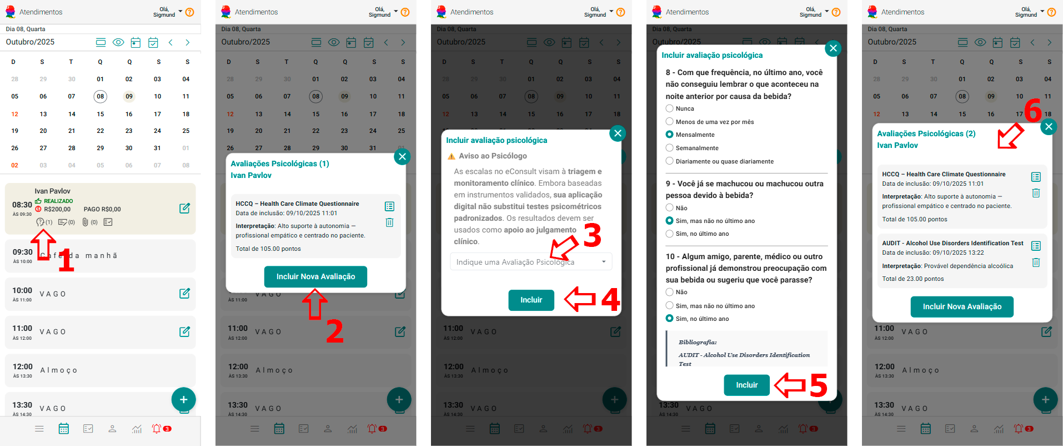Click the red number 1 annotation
click(66, 260)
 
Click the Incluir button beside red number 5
click(746, 385)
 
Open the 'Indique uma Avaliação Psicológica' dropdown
click(531, 262)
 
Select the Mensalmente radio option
click(670, 135)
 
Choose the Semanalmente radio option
click(670, 148)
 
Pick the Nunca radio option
click(670, 108)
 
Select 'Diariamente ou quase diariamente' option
click(670, 161)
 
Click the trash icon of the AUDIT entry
click(1036, 262)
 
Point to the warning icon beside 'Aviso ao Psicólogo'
click(452, 156)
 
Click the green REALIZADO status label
click(58, 201)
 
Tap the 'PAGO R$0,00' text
click(102, 210)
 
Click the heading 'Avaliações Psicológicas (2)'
click(926, 134)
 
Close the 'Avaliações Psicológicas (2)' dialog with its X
click(1049, 127)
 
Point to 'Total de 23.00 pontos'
click(912, 279)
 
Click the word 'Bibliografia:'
click(698, 343)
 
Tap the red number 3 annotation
click(592, 235)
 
